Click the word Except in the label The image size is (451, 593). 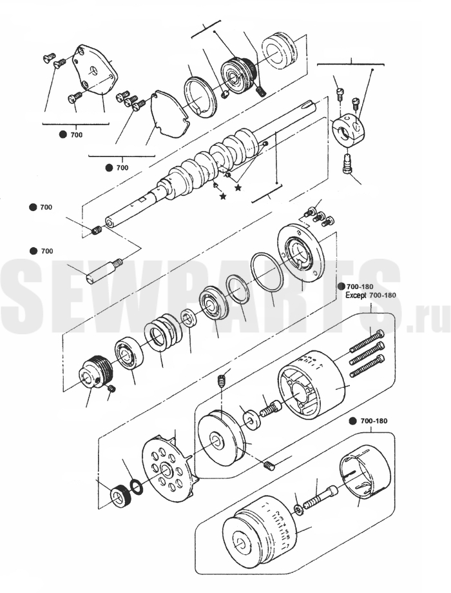click(x=356, y=295)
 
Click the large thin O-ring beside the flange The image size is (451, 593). click(x=267, y=272)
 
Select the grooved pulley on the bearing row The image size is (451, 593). click(x=95, y=372)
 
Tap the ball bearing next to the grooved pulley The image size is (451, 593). click(x=130, y=355)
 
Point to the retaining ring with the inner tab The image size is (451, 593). click(x=200, y=97)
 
